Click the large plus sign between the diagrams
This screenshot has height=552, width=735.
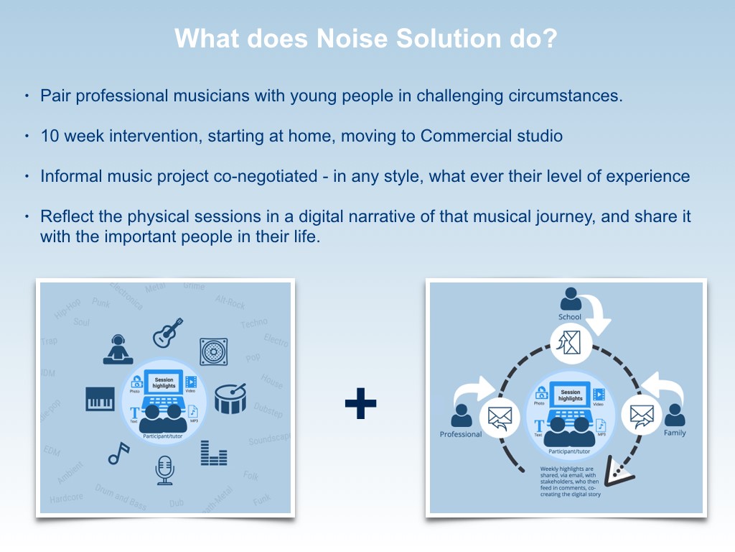point(360,403)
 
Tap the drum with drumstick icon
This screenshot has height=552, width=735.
point(230,397)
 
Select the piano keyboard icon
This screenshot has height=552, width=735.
point(100,399)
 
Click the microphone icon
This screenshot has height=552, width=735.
point(165,469)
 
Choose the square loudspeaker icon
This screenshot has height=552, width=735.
point(213,351)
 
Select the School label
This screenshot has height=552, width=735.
point(570,317)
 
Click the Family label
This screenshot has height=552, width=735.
point(675,433)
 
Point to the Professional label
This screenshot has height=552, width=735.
point(460,434)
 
